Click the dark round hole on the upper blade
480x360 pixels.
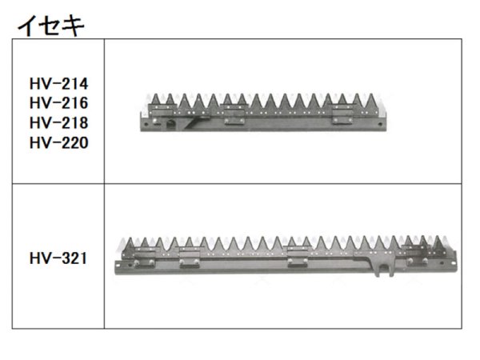pyautogui.click(x=171, y=125)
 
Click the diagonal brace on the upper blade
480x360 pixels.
pyautogui.click(x=199, y=122)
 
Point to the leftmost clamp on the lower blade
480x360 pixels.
pyautogui.click(x=146, y=262)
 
